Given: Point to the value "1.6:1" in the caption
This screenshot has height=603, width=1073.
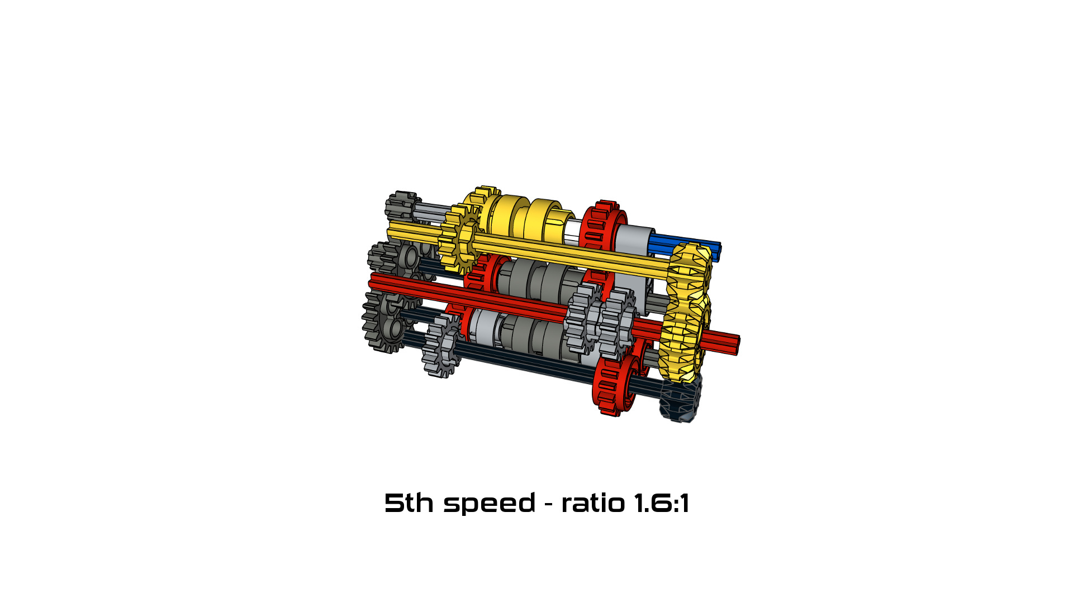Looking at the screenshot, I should tap(662, 503).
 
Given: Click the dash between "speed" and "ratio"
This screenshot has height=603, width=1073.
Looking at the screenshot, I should tap(548, 504).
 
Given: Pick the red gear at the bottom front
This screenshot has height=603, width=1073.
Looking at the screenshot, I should tap(615, 385).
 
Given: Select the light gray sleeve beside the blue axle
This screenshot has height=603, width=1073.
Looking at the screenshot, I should tap(634, 237).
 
